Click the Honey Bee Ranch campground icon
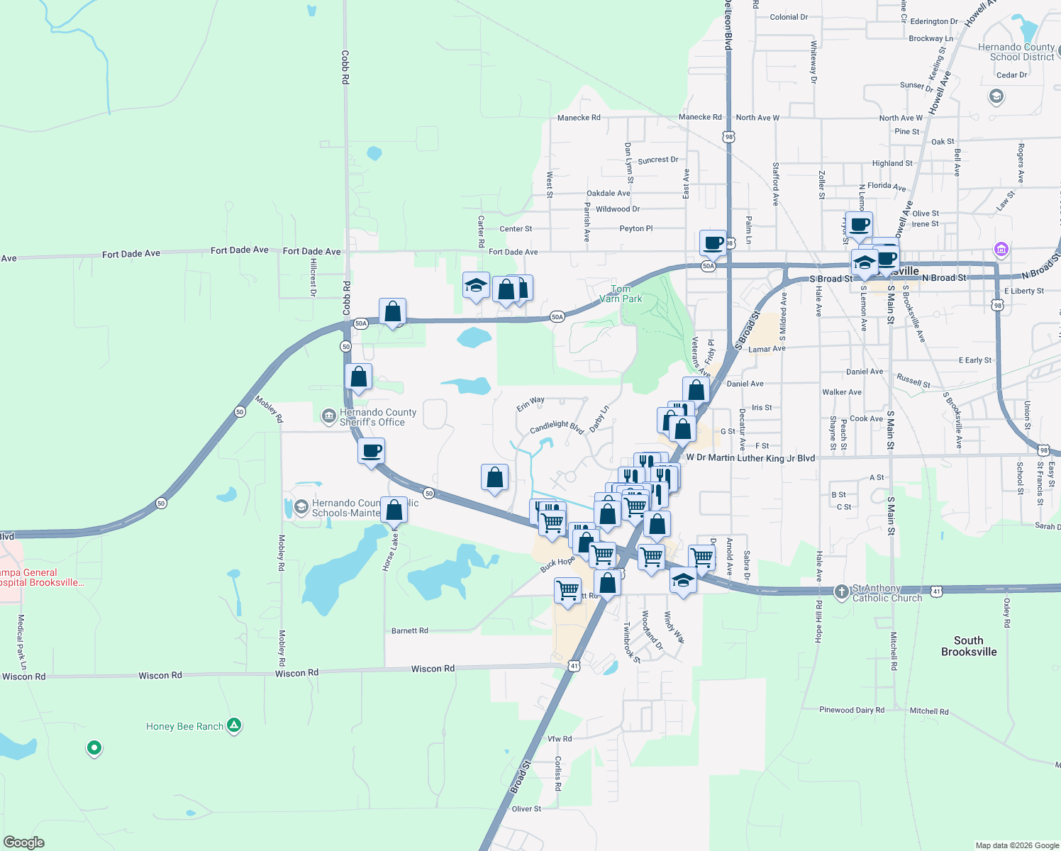click(234, 725)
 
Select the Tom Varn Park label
click(621, 294)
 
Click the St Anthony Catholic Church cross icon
click(841, 591)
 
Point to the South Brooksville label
click(969, 646)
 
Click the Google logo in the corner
click(23, 842)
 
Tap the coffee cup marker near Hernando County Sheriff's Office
click(371, 451)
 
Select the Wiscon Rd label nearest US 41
click(433, 669)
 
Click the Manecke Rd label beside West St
click(579, 118)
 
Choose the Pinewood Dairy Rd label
click(852, 710)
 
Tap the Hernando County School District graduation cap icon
click(996, 96)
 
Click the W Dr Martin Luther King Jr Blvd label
click(750, 458)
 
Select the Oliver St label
click(526, 808)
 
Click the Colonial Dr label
click(789, 17)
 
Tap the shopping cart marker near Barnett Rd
click(567, 590)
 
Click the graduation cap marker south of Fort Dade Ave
click(475, 286)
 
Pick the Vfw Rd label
click(560, 739)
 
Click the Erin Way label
click(530, 404)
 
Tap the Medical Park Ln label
click(22, 642)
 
